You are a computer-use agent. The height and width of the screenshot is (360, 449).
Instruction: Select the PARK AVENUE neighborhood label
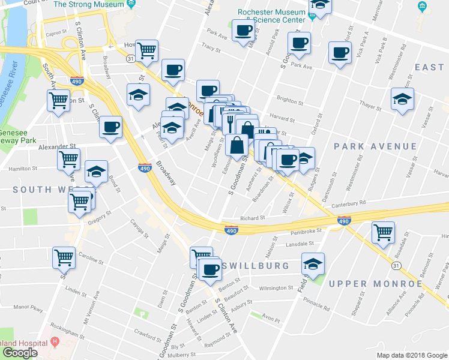375,146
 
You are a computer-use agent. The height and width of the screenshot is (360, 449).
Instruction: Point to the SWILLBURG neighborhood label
256,265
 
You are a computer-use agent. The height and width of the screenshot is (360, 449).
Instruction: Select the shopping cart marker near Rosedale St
382,232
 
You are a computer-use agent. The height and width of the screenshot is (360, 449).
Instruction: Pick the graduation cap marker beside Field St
312,263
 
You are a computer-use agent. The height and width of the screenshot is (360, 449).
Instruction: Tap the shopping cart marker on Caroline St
64,257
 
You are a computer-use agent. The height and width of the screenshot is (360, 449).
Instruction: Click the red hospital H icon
55,342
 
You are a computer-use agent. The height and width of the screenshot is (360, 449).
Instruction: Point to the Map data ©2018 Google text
412,355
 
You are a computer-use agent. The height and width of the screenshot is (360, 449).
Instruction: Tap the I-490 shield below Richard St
231,229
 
